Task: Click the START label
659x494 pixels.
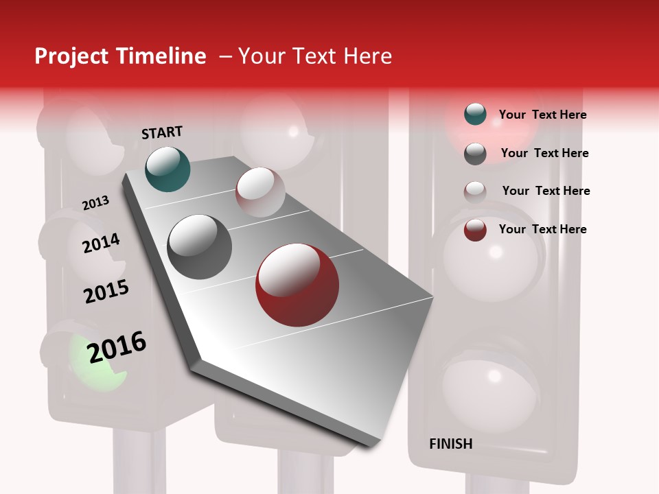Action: [x=162, y=132]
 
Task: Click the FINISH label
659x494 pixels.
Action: [x=450, y=444]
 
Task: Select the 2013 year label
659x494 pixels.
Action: [x=95, y=203]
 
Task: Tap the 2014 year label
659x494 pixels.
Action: [x=101, y=243]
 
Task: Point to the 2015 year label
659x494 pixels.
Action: [x=106, y=292]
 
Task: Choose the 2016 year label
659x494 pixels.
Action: [x=117, y=346]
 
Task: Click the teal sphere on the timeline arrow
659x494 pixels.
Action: [x=167, y=169]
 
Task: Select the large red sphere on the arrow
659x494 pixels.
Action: [x=297, y=285]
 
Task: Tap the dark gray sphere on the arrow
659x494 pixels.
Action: [x=199, y=247]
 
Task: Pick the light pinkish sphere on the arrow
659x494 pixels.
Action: [x=260, y=192]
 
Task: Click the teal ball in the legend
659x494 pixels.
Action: [x=475, y=115]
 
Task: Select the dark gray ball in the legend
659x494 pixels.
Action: [x=475, y=154]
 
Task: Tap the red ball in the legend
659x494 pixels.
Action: [x=475, y=230]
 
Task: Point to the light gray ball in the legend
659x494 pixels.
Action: [x=475, y=191]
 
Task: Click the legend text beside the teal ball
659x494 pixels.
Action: [x=542, y=115]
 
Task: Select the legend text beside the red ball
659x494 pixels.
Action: [x=542, y=229]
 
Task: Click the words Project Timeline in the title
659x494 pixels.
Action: [x=120, y=56]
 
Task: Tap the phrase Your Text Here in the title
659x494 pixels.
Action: [x=315, y=56]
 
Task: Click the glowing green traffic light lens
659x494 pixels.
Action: [x=96, y=360]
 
